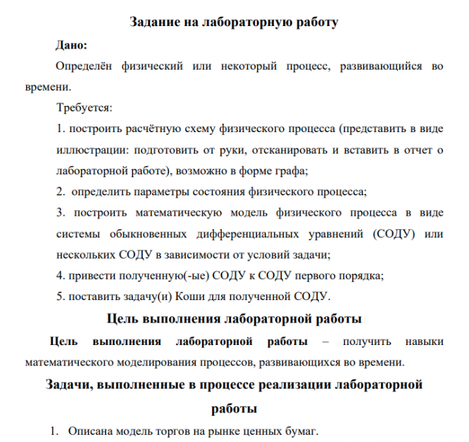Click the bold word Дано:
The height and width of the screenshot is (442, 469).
coord(71,46)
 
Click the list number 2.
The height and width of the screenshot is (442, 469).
coord(59,191)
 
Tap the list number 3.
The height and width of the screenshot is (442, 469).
coord(59,212)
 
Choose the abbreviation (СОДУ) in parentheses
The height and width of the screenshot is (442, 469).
coord(387,233)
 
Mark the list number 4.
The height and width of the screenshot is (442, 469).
coord(59,274)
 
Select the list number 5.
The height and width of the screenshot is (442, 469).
coord(59,294)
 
